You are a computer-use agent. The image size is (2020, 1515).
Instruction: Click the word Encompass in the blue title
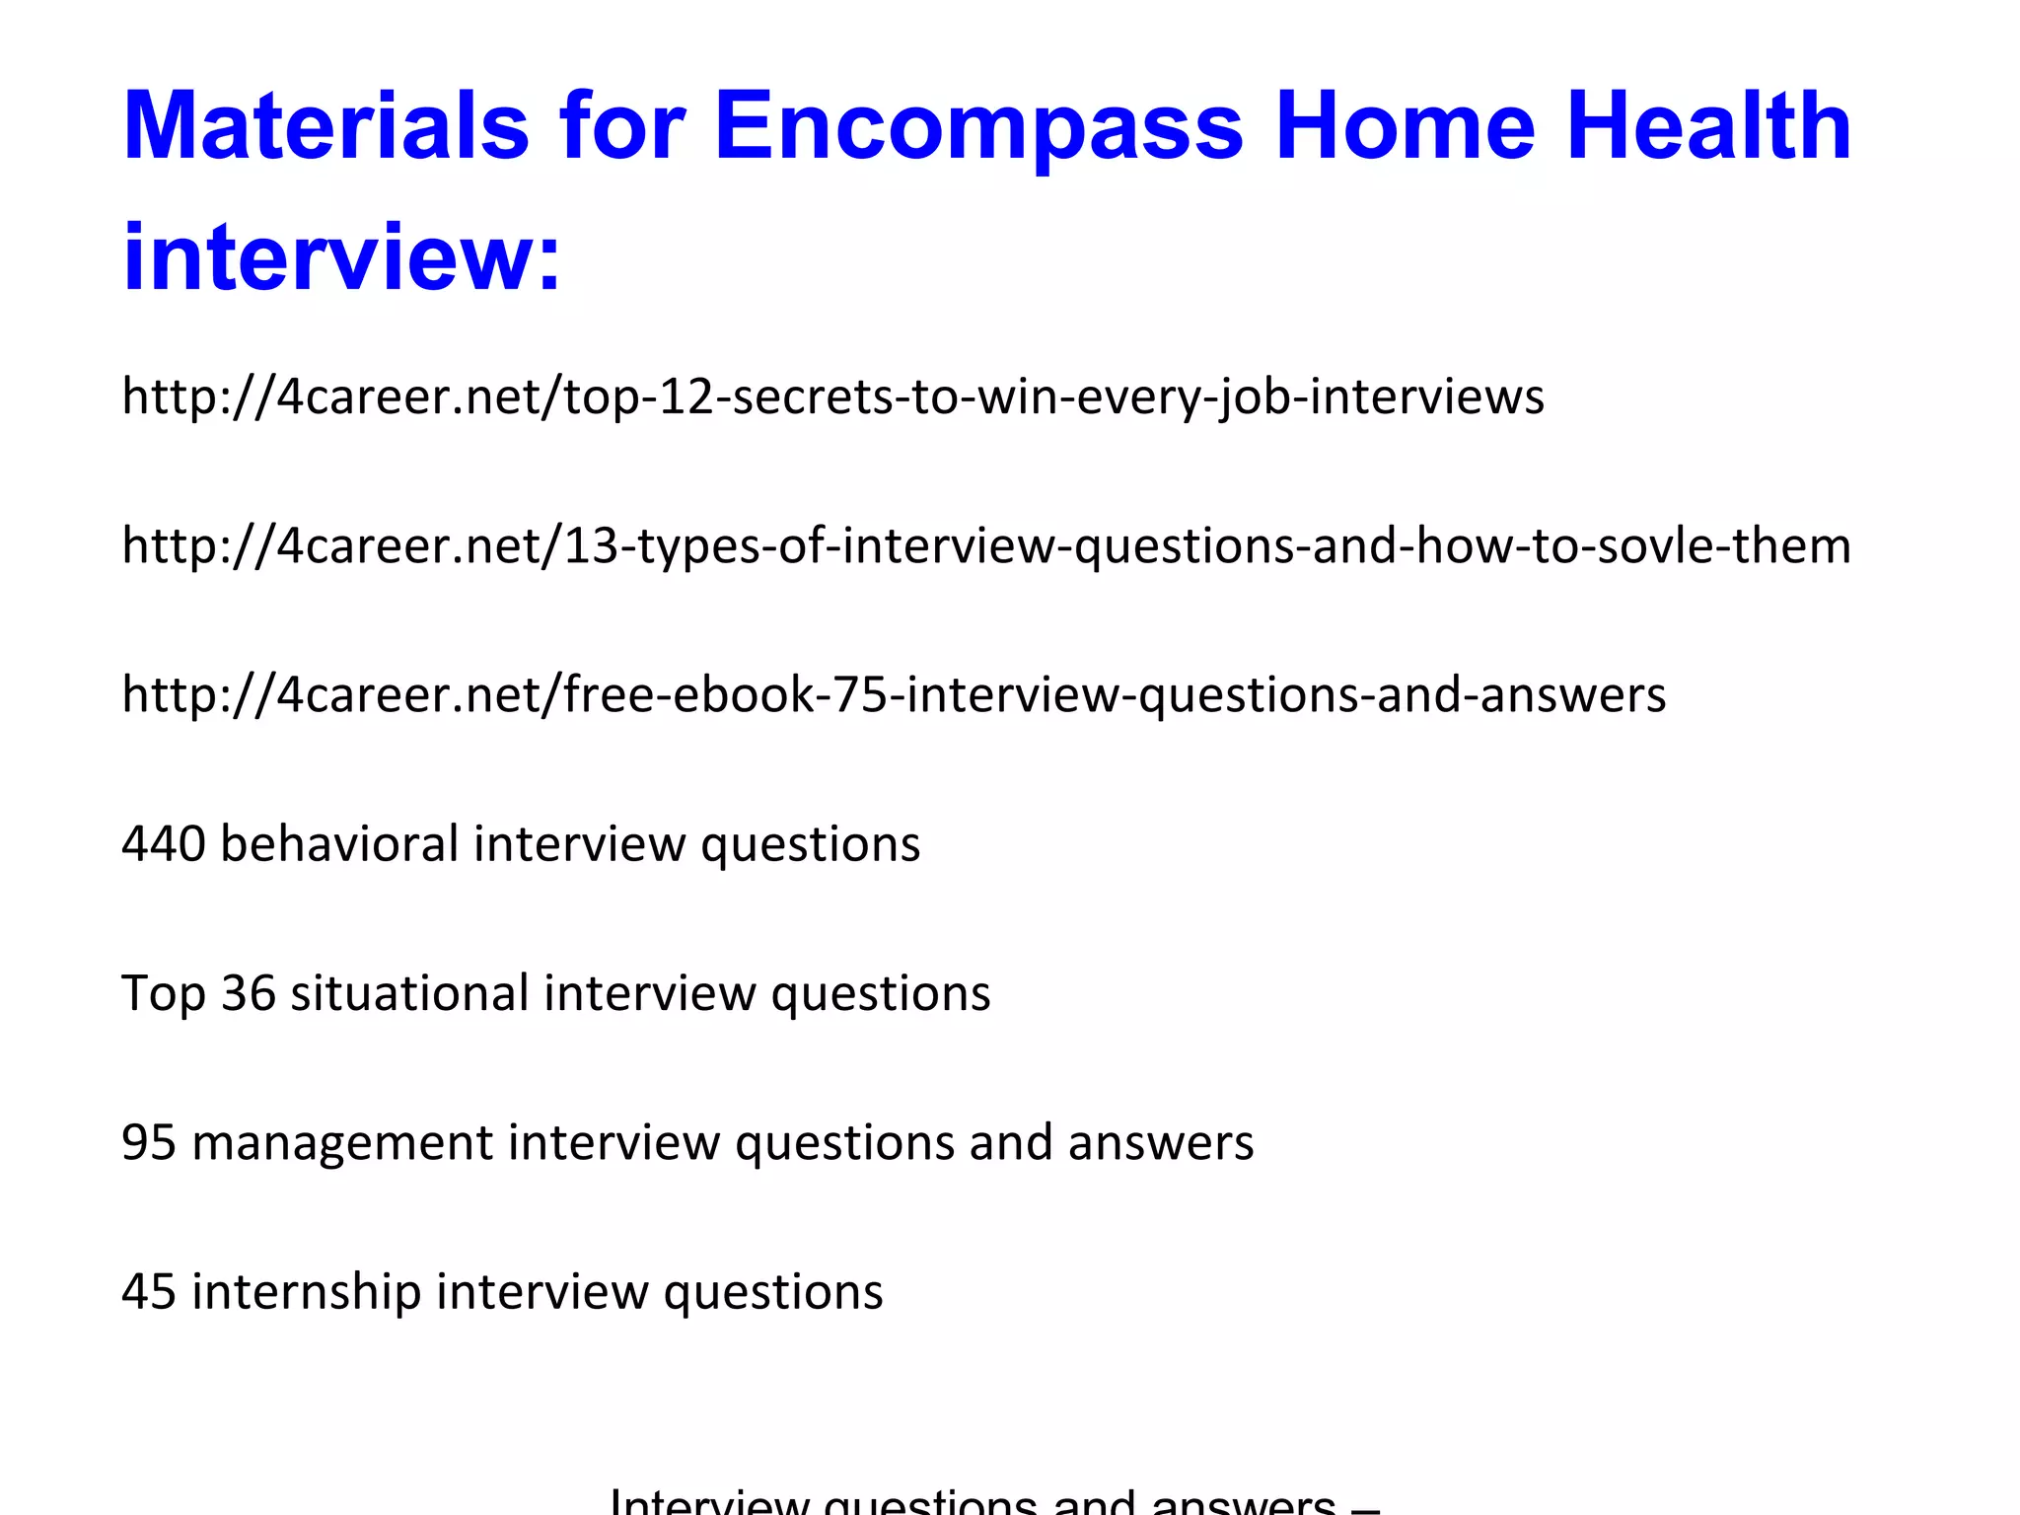tap(978, 128)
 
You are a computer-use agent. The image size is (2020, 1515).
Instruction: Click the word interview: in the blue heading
tap(341, 258)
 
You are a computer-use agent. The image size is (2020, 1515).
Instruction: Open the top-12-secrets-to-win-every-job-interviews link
tap(832, 397)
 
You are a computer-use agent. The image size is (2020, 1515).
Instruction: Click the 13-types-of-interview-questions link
tap(986, 546)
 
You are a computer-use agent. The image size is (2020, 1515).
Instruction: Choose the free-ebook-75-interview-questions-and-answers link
tap(894, 695)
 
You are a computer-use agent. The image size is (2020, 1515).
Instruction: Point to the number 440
tap(164, 844)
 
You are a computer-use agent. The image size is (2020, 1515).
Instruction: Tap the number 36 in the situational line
tap(248, 993)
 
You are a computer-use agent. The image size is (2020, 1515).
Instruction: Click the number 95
tap(149, 1143)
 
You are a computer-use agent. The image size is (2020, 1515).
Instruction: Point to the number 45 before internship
tap(149, 1292)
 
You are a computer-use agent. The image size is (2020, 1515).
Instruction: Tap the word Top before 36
tap(163, 993)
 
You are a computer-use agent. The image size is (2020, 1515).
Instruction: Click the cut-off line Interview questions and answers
tap(994, 1501)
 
